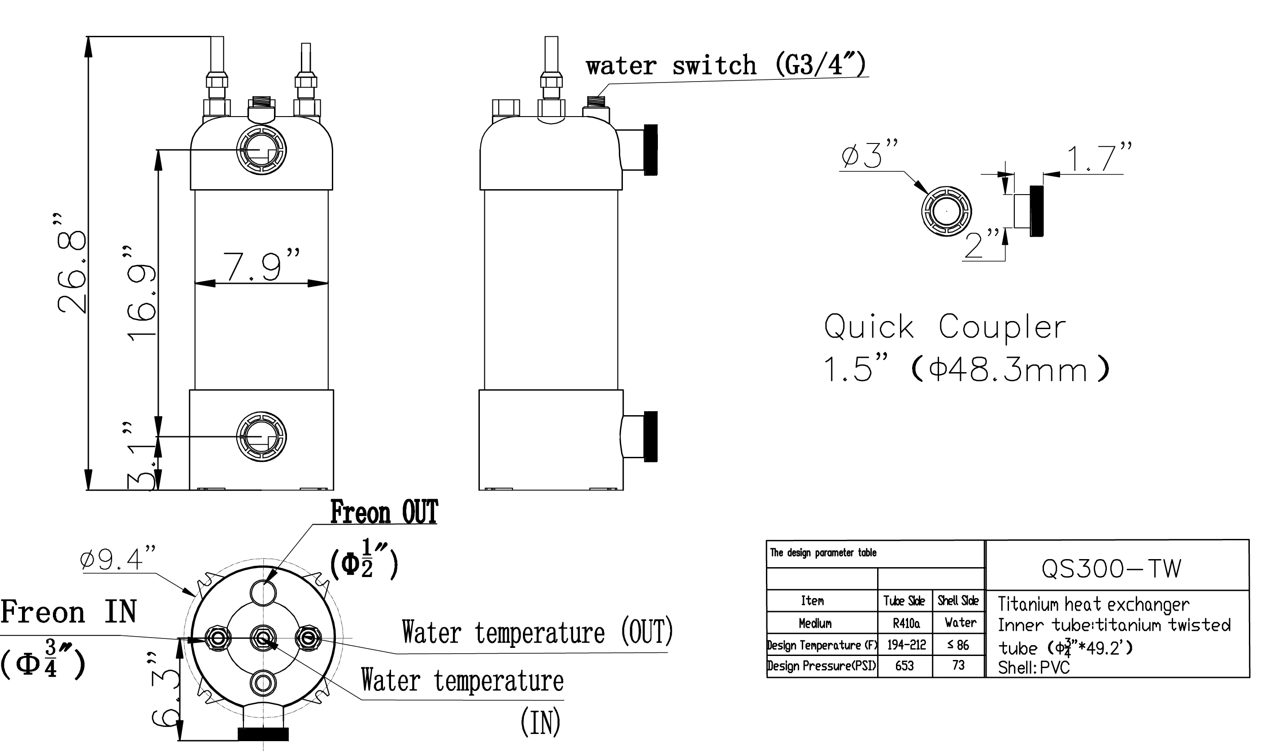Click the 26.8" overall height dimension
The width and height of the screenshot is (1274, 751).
[71, 263]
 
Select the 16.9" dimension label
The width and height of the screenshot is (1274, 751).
[141, 294]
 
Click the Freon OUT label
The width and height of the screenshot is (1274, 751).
[384, 512]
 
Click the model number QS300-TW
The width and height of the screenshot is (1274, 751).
[1111, 569]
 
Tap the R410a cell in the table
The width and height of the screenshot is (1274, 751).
[906, 623]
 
